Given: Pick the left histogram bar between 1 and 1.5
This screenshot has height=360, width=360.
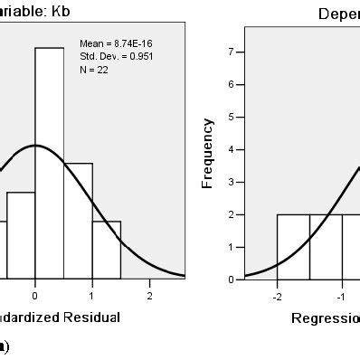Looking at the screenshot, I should [106, 249].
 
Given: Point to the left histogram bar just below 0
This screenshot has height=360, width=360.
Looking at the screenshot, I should [20, 234].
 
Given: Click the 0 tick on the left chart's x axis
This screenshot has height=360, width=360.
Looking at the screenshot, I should [34, 295].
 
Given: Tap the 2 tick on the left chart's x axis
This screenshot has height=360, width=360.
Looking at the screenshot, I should [150, 295].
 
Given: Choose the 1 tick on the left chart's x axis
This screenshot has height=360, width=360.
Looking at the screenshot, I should [92, 295].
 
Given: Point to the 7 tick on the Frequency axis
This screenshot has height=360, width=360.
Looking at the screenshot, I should [232, 52].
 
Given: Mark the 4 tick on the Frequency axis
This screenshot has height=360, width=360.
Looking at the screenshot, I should [232, 150].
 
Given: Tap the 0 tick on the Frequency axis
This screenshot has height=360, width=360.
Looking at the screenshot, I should [232, 279].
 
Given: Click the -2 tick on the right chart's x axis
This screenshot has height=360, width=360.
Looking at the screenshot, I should [277, 295].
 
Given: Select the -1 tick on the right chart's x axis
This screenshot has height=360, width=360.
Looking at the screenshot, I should [341, 295].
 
